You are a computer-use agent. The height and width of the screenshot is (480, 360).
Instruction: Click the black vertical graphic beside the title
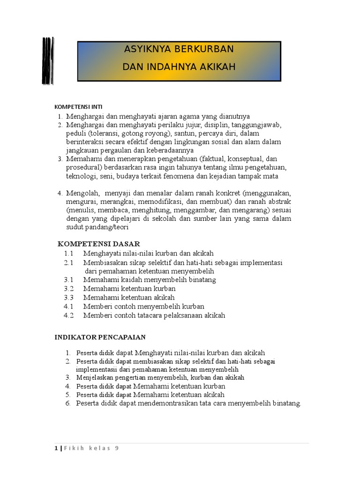pos(47,61)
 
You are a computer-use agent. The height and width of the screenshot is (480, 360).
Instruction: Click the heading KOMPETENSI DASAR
pos(98,244)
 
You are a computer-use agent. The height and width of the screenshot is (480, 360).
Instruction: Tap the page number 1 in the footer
pos(56,448)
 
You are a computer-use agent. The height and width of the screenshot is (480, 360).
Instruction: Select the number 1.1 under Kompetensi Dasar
pos(69,253)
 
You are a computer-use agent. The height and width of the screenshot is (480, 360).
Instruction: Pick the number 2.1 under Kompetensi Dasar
pos(69,262)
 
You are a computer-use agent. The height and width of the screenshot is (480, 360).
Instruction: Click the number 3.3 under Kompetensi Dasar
pos(69,298)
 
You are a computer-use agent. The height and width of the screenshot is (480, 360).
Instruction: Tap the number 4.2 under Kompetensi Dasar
pos(69,315)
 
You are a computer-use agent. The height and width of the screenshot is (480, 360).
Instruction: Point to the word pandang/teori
pos(107,227)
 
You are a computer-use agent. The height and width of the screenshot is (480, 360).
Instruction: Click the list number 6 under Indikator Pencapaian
pos(67,404)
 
